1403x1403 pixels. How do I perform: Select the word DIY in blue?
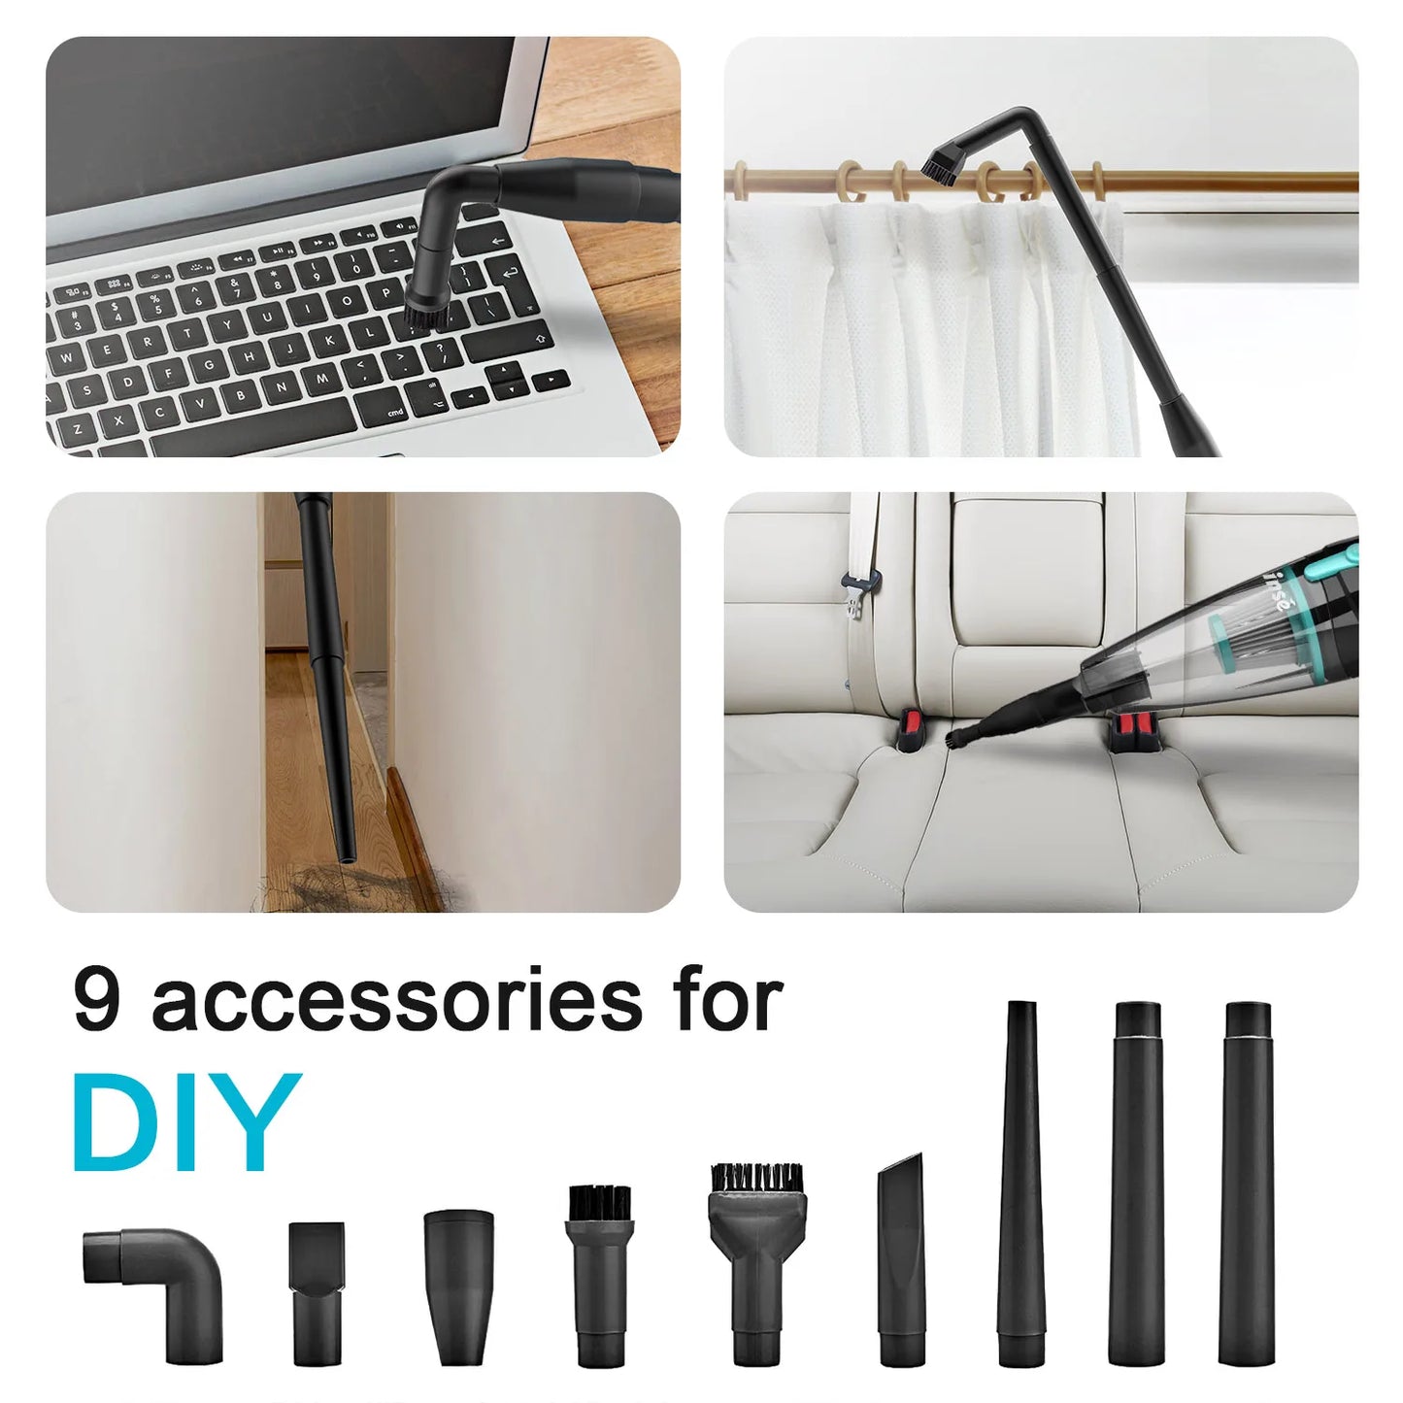[186, 1124]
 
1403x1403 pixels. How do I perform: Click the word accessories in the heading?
[396, 1002]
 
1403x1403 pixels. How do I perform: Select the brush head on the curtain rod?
[938, 161]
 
